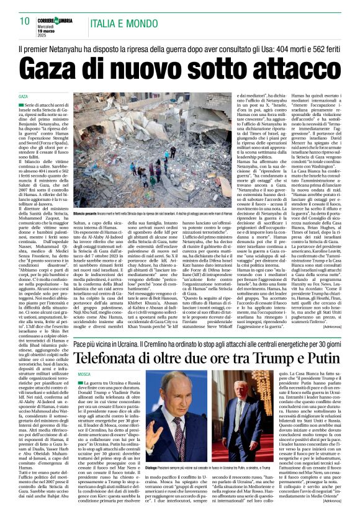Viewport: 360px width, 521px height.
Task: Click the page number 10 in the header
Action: pyautogui.click(x=24, y=20)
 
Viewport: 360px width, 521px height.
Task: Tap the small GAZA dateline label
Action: pyautogui.click(x=23, y=97)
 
